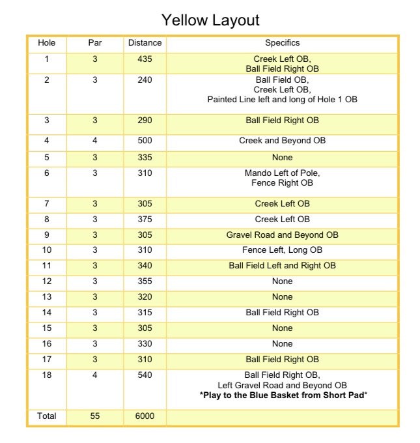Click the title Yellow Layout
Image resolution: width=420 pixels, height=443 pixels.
pos(210,20)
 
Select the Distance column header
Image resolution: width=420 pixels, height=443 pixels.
pos(145,43)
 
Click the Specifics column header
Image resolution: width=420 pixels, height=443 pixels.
pos(282,43)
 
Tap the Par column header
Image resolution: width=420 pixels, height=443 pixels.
pos(95,43)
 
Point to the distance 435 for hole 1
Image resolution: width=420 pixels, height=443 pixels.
pos(145,59)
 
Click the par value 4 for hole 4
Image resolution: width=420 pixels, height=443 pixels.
pos(95,141)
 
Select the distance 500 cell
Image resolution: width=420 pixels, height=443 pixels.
pos(145,141)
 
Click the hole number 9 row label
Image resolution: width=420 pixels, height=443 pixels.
pos(47,235)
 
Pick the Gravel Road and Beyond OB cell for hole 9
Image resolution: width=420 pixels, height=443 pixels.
pos(282,235)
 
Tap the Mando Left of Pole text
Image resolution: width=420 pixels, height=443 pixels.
pos(282,173)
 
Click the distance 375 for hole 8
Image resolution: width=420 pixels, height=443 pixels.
pos(145,219)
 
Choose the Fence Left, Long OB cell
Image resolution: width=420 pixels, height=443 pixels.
pos(282,250)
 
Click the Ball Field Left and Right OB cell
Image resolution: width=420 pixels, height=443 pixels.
pos(282,266)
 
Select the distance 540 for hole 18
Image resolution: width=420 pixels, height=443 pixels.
pos(145,375)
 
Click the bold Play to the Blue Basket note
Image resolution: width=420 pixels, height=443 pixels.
pos(282,395)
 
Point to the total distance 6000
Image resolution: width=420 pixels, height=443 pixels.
pos(145,416)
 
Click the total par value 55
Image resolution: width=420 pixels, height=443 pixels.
pos(95,416)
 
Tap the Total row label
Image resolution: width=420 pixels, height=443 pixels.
pos(47,416)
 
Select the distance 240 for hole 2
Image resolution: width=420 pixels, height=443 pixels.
pos(145,80)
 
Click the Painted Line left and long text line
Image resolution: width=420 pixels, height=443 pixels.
pos(282,100)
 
